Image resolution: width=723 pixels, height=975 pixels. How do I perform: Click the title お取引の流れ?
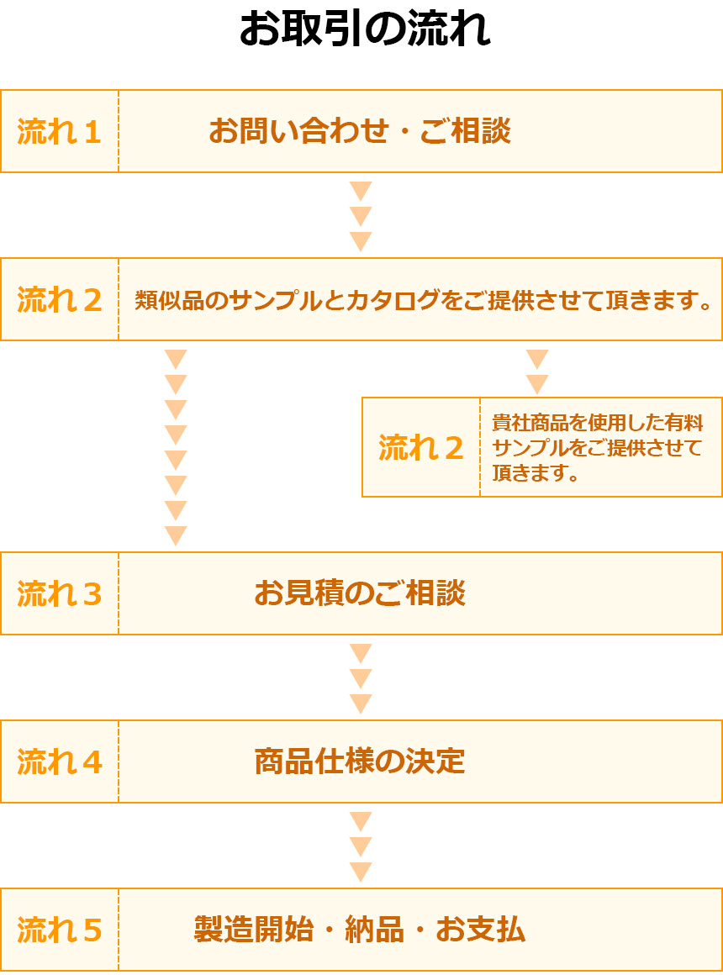(365, 29)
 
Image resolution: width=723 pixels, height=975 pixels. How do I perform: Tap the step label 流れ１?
(59, 132)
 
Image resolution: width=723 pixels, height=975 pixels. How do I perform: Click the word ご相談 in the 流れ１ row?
(466, 130)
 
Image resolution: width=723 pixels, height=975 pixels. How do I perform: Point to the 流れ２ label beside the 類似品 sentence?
(59, 300)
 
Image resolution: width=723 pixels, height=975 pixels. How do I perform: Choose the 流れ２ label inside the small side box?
(421, 448)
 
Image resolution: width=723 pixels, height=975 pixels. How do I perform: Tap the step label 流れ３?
(59, 594)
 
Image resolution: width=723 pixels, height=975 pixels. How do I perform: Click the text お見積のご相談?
(360, 593)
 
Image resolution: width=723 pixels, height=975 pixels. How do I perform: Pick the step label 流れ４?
(59, 762)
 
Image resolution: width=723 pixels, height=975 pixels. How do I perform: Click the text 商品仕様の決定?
(360, 762)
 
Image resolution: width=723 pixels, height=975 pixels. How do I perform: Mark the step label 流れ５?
(59, 930)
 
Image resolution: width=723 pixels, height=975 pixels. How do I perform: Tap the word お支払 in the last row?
(480, 930)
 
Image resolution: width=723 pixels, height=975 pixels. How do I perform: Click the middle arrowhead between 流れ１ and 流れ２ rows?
(361, 216)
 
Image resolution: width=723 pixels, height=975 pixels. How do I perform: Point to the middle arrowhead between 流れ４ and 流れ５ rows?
(361, 847)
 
